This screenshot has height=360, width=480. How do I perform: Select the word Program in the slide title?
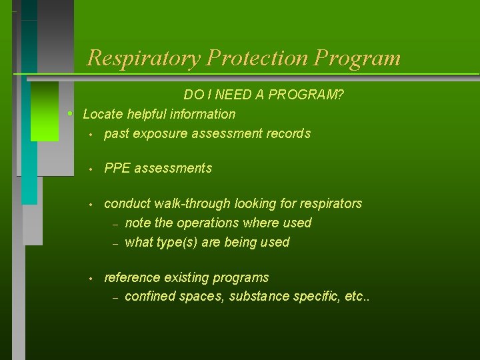click(x=357, y=58)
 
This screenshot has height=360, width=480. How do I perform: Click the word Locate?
click(x=101, y=114)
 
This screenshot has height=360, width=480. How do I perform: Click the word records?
click(x=289, y=133)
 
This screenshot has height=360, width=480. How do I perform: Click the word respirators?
click(x=329, y=203)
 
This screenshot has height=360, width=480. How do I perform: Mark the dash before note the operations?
click(x=115, y=224)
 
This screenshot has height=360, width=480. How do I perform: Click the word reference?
click(x=131, y=277)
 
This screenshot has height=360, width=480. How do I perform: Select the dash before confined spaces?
click(x=115, y=298)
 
